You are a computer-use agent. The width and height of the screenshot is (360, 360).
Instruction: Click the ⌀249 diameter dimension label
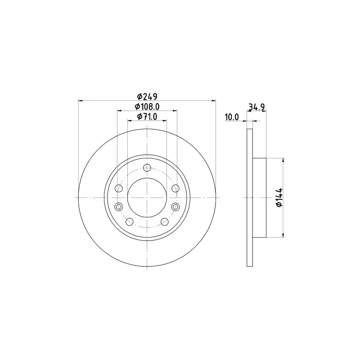point(147,96)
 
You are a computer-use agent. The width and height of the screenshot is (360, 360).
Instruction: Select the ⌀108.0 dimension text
point(147,107)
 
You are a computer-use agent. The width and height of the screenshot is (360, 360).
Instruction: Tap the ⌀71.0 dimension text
point(147,117)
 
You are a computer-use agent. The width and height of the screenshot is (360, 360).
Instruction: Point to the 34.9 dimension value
point(256,107)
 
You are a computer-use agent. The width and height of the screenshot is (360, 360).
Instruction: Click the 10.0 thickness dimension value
point(231,117)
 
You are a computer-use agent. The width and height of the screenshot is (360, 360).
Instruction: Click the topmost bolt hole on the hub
point(147,168)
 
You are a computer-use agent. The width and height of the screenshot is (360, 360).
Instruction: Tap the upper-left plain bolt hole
point(119,188)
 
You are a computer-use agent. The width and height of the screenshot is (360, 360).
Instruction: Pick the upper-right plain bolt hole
point(175,188)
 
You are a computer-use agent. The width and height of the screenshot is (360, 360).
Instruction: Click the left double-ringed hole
point(119,207)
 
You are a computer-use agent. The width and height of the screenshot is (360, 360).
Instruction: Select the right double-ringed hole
point(175,207)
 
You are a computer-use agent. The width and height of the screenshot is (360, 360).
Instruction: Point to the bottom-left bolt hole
point(130,221)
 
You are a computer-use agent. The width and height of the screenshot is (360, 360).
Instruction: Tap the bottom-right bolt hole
point(165,221)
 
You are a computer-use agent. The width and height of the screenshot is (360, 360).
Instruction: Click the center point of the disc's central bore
point(147,198)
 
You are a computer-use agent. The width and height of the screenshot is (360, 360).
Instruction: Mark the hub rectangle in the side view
point(260,198)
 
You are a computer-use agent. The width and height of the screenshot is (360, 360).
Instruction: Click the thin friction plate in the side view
point(250,198)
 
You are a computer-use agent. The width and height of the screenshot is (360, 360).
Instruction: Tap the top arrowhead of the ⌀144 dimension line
point(283,160)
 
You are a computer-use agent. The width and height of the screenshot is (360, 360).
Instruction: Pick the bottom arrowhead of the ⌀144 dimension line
point(283,234)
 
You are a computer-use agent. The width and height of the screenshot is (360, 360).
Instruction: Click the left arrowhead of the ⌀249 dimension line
point(81,100)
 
